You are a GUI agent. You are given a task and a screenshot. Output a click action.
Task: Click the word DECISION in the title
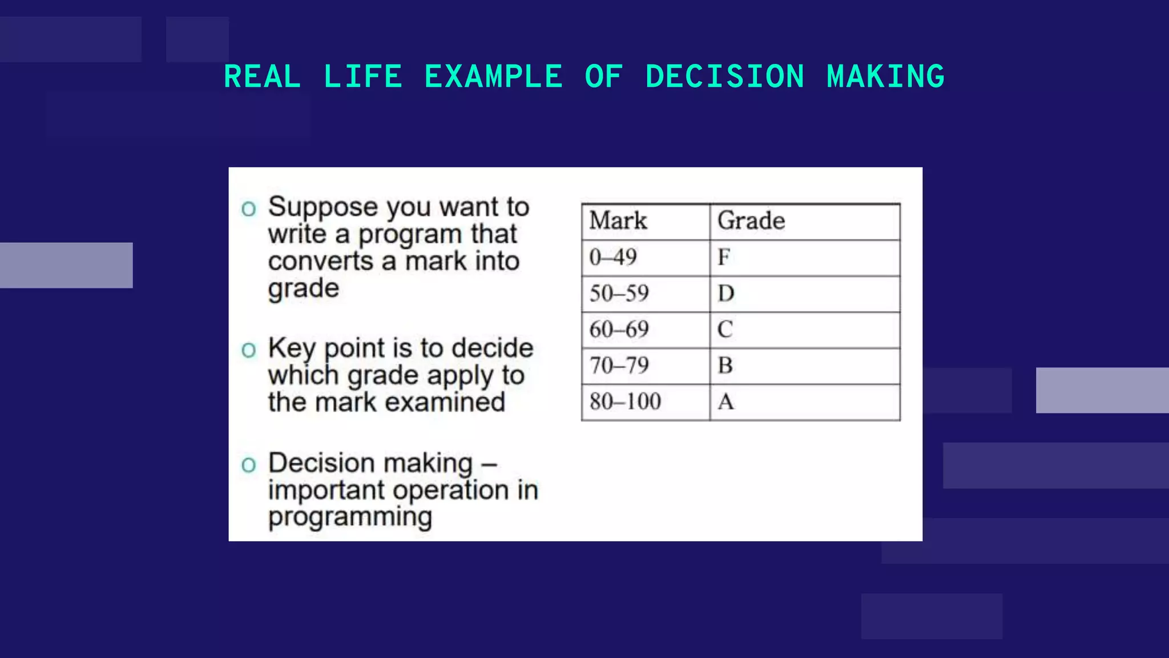[725, 77]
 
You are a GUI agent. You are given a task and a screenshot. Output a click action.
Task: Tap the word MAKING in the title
[885, 77]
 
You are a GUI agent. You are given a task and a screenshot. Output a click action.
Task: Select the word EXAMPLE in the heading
[493, 77]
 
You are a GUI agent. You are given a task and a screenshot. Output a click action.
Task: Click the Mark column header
[618, 221]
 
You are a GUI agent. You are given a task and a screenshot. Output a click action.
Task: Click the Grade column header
[751, 221]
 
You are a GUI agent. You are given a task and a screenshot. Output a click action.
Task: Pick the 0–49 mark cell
[613, 258]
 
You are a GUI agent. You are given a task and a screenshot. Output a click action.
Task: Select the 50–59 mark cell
[619, 294]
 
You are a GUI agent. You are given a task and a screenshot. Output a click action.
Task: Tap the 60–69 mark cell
[619, 330]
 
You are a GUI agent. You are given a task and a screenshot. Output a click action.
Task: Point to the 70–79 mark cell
[619, 366]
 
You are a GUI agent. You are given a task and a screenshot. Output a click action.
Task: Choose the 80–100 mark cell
[626, 402]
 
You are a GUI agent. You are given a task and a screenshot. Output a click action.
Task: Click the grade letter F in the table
[724, 258]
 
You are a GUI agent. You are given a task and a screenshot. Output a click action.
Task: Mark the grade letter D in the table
[726, 294]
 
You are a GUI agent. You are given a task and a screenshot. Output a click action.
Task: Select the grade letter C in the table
[725, 330]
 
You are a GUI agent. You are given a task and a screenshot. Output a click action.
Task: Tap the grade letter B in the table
[725, 366]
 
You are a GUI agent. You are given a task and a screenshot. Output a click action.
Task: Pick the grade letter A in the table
[726, 402]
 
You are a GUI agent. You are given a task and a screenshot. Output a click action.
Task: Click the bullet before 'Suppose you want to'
[248, 209]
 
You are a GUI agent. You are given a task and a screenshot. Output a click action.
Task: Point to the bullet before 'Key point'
[248, 350]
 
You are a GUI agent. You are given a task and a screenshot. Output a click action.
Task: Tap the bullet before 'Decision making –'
[248, 465]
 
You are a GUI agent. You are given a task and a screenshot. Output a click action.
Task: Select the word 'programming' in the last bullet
[350, 517]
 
